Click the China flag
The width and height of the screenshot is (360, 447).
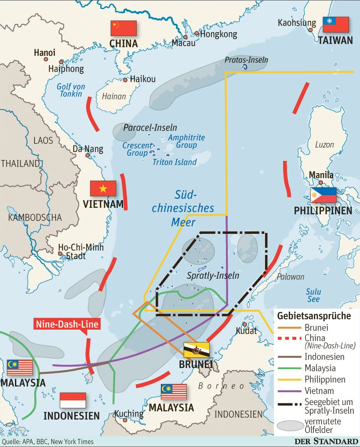pyautogui.click(x=124, y=28)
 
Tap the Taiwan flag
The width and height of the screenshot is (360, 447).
pyautogui.click(x=336, y=25)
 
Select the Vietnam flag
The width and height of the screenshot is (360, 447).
pyautogui.click(x=103, y=188)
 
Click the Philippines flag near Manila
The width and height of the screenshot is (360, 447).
pyautogui.click(x=323, y=195)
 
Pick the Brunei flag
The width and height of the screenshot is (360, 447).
pyautogui.click(x=196, y=350)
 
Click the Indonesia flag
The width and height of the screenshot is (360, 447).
pyautogui.click(x=73, y=400)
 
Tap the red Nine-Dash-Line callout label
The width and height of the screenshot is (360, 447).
pyautogui.click(x=67, y=324)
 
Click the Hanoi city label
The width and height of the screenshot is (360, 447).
pyautogui.click(x=45, y=53)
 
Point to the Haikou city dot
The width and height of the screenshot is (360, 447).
pyautogui.click(x=126, y=80)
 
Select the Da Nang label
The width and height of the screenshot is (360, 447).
pyautogui.click(x=88, y=149)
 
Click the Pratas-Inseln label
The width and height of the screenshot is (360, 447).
pyautogui.click(x=246, y=60)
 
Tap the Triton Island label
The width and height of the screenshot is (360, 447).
pyautogui.click(x=175, y=162)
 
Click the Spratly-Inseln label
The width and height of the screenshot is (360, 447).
pyautogui.click(x=213, y=276)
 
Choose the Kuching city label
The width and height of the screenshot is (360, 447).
pyautogui.click(x=129, y=414)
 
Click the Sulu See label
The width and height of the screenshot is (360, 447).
pyautogui.click(x=313, y=295)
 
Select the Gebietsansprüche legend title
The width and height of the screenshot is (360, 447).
pyautogui.click(x=314, y=316)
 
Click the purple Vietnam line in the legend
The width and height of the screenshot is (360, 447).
pyautogui.click(x=289, y=391)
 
